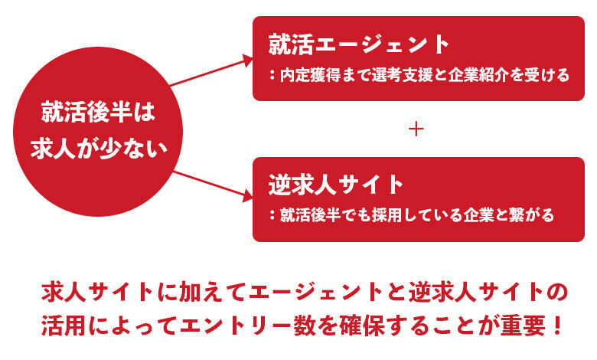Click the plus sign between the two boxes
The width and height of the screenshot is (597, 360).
point(416,129)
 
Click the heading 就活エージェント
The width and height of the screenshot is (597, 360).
point(358,44)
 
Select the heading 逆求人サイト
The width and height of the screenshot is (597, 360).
point(335,185)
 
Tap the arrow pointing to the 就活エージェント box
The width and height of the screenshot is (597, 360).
point(211,70)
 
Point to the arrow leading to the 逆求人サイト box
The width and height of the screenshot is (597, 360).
point(211,184)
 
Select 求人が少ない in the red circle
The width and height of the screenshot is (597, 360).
point(99,149)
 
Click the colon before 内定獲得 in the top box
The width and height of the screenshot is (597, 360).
point(272,76)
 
